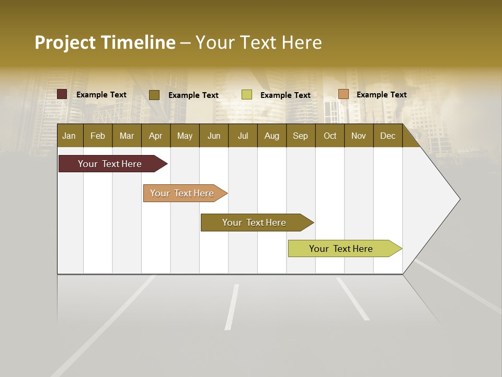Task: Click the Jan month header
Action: pos(69,136)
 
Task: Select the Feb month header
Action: pos(98,136)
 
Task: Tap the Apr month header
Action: pos(155,136)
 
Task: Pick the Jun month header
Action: pos(214,136)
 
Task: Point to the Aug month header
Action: pos(271,136)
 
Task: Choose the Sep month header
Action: pos(300,136)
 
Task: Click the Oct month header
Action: pos(330,136)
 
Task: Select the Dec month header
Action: pos(387,136)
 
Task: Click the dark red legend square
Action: pos(62,94)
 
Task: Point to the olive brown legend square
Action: pos(154,95)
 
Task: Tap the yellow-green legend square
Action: pos(247,95)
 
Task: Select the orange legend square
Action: pos(344,94)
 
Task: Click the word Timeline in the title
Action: pos(138,42)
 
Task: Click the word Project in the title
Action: pos(65,42)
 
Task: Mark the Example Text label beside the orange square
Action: pos(381,95)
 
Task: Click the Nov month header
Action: pos(359,136)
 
